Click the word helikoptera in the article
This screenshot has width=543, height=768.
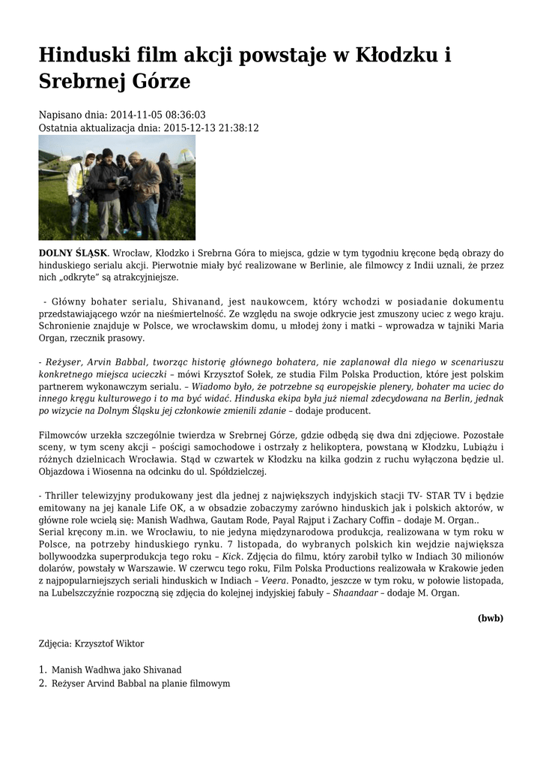(306, 447)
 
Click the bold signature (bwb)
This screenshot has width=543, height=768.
(490, 619)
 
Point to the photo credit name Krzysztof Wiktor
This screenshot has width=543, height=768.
(110, 643)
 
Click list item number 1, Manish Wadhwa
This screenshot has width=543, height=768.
(116, 669)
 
